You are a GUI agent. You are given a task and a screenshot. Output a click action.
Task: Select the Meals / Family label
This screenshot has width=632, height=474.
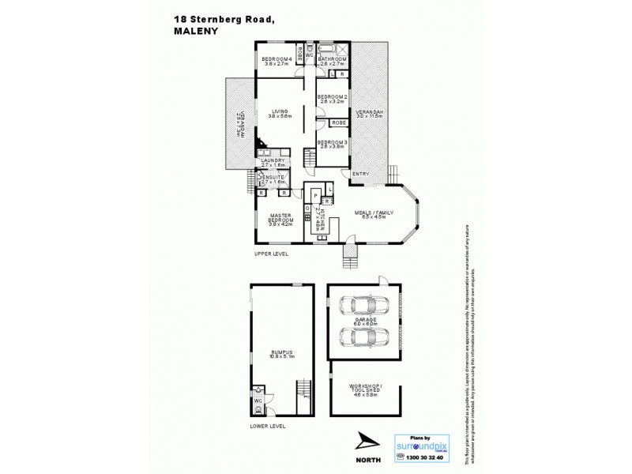point(368,214)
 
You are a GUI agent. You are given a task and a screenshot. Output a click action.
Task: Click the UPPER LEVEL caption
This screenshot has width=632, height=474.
point(271,255)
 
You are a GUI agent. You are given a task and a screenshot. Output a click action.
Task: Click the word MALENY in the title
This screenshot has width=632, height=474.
point(194,32)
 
